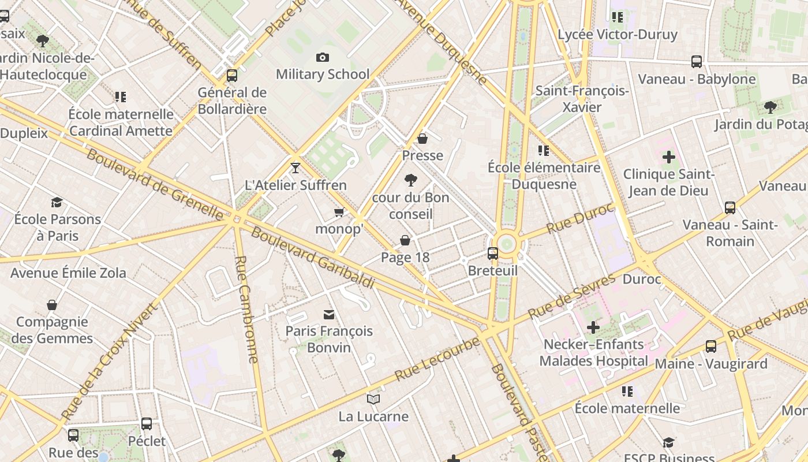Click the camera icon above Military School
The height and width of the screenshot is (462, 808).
(x=323, y=57)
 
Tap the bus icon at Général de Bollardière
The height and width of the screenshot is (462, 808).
(x=232, y=75)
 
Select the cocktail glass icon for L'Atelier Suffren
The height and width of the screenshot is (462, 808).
(x=295, y=168)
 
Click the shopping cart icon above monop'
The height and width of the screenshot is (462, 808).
(x=339, y=213)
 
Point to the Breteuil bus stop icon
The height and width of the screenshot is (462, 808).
(x=493, y=253)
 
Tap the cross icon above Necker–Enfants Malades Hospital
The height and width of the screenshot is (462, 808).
(x=593, y=327)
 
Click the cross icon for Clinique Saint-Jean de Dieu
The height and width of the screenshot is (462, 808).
(x=668, y=157)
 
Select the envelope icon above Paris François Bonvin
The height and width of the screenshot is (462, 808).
(x=329, y=314)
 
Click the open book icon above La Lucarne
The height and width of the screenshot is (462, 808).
(x=373, y=399)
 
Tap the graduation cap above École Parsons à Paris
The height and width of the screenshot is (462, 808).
(x=57, y=202)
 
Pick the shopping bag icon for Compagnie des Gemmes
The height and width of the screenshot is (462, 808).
(x=52, y=305)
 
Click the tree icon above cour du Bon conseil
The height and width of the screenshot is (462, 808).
(x=410, y=180)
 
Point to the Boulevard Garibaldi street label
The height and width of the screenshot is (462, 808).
(x=313, y=258)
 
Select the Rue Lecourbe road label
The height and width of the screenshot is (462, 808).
(x=437, y=359)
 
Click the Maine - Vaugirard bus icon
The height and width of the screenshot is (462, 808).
(x=711, y=346)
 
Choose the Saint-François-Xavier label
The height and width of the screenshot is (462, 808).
(x=582, y=99)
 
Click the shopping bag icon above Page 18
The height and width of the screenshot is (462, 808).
(x=405, y=240)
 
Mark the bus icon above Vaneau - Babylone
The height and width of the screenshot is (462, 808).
(x=697, y=62)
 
